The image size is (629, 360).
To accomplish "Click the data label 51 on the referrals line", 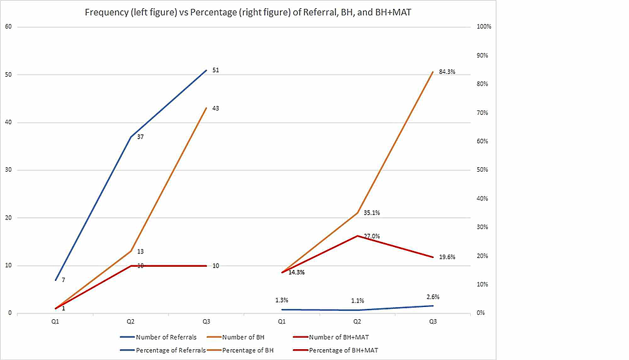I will [216, 70].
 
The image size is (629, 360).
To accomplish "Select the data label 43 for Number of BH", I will [216, 109].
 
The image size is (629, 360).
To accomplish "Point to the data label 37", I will [140, 137].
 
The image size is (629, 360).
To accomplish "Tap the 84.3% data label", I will [447, 72].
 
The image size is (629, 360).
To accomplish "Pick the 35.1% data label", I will [372, 213].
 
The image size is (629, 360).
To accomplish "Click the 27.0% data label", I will [371, 236].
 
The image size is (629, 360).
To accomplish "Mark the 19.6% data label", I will [447, 257].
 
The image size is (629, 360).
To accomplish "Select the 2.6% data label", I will [433, 297].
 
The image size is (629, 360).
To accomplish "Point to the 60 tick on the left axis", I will [8, 27].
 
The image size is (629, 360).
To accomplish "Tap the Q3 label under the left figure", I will [206, 322].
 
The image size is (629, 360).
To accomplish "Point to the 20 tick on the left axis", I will [8, 218].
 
